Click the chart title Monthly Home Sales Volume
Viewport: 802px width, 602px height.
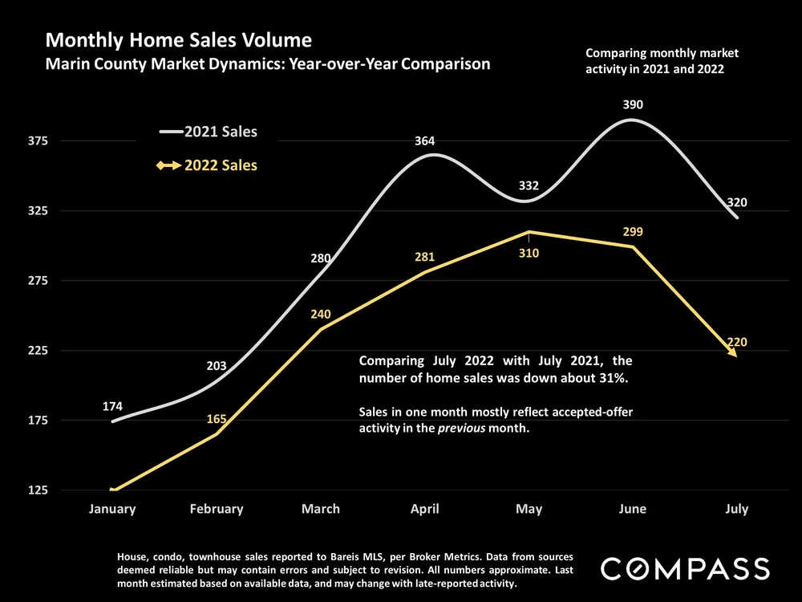click(178, 40)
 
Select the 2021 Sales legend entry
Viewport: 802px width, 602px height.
click(221, 132)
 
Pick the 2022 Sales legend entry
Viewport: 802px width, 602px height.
click(221, 165)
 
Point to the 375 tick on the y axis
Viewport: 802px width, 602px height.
click(38, 140)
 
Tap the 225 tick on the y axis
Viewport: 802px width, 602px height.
click(38, 351)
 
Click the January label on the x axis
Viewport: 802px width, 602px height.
click(112, 509)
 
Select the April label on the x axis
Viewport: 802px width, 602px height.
click(424, 509)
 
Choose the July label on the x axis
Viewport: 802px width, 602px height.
click(736, 509)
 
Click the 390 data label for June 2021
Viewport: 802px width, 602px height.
click(633, 104)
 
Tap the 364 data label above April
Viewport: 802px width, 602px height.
click(425, 141)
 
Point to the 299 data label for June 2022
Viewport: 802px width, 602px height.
click(633, 232)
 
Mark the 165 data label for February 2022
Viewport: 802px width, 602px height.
click(217, 418)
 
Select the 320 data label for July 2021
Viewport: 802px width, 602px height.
click(737, 202)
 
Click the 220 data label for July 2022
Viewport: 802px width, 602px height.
click(737, 343)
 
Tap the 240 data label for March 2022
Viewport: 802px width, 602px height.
click(321, 315)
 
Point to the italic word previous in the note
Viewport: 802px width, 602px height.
click(460, 429)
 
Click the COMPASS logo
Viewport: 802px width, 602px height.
click(685, 569)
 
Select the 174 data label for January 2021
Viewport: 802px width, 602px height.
click(113, 406)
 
